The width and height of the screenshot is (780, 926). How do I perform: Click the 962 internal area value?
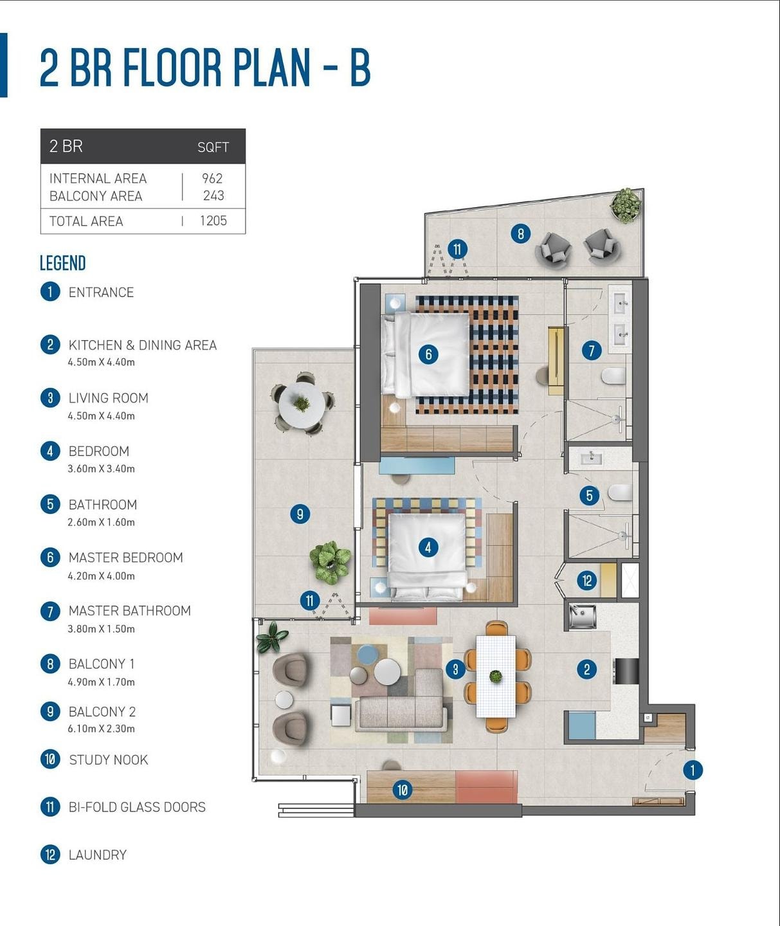coord(212,178)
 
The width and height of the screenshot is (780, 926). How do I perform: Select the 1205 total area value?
coord(213,221)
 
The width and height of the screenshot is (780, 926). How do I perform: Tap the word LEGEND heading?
coord(62,263)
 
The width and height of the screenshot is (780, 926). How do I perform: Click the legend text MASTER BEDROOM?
coord(125,558)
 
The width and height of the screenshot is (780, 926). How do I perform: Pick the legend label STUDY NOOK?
coord(108,760)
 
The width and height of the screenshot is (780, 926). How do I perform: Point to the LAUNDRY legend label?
coord(98,855)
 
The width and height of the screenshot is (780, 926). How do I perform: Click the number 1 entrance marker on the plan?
coord(693,770)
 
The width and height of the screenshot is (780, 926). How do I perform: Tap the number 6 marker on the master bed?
coord(428,354)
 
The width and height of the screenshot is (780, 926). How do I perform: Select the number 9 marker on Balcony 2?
coord(300,514)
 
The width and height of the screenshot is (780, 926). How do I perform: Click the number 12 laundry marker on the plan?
coord(587,581)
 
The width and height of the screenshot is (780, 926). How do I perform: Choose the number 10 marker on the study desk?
coord(402,790)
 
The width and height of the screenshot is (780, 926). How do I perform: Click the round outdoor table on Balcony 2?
coord(302,405)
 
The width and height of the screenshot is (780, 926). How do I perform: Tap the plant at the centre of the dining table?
coord(496,676)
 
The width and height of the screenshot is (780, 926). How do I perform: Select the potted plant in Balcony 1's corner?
coord(626,205)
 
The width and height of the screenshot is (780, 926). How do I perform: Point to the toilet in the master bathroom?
coord(613,377)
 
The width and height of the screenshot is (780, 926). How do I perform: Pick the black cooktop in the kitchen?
coord(626,671)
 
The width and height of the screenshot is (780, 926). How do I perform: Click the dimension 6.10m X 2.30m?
coord(101,729)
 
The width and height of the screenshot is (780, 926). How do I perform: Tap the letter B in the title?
coord(360,68)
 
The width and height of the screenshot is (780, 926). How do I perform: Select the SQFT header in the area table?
coord(213,147)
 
